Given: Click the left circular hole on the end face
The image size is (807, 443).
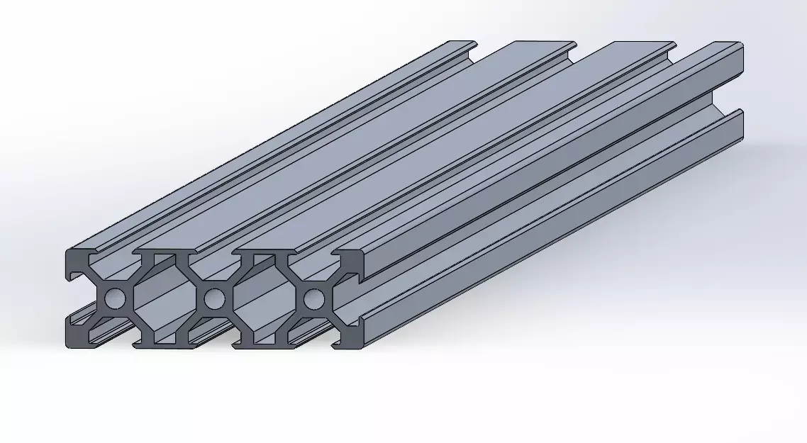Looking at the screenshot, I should click(x=113, y=299).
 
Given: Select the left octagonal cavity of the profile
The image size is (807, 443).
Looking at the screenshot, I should click(x=163, y=299).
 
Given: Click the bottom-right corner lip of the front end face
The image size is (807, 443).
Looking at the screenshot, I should click(x=352, y=342).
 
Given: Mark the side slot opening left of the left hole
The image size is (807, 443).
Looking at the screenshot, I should click(x=77, y=299).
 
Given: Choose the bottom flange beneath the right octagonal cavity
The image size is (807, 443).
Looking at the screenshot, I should click(x=262, y=346).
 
